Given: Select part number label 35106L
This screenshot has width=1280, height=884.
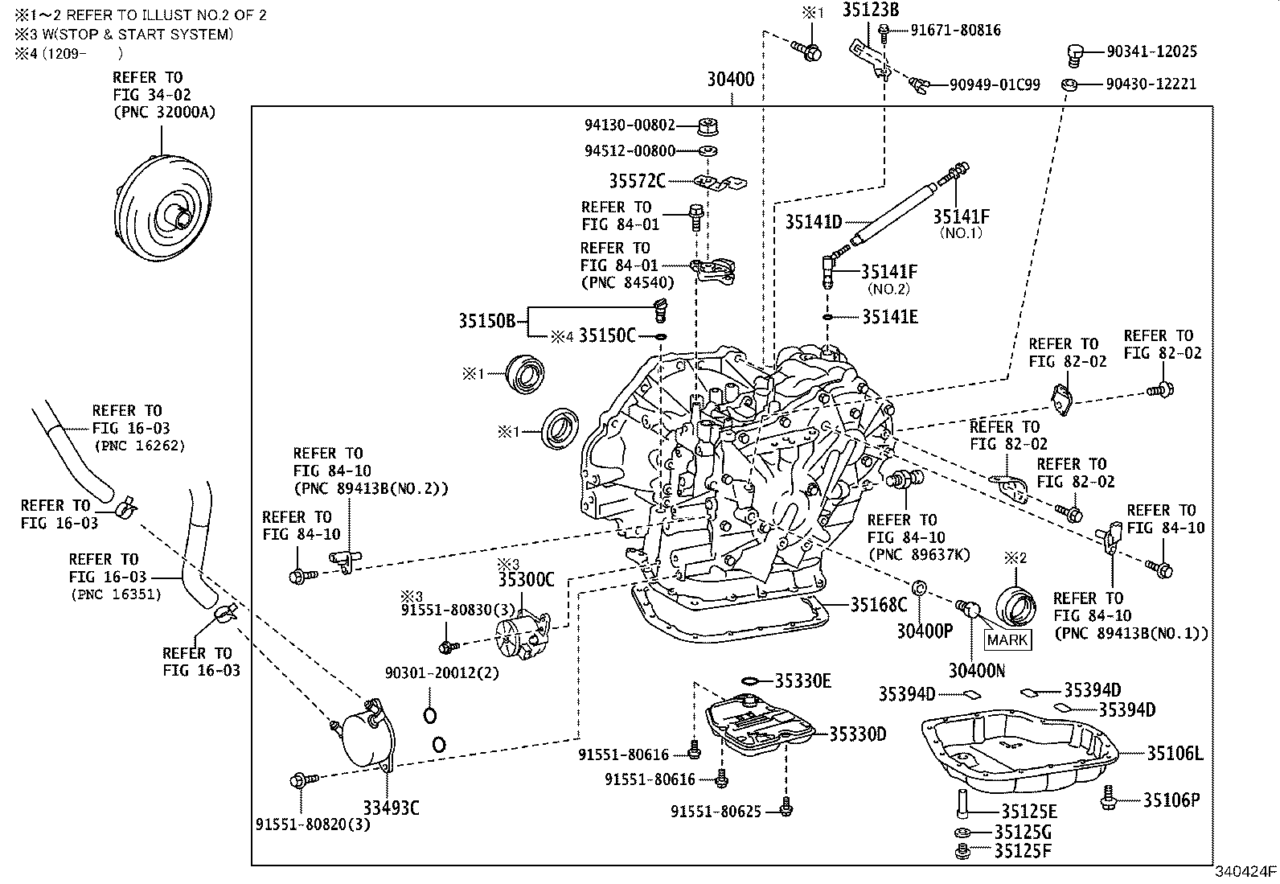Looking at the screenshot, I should pyautogui.click(x=1174, y=754).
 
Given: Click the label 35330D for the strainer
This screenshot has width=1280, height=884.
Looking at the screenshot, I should pyautogui.click(x=857, y=734).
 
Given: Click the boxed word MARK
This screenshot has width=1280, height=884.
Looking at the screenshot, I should pyautogui.click(x=1007, y=639).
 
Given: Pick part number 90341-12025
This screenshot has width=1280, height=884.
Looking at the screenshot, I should pyautogui.click(x=1151, y=51).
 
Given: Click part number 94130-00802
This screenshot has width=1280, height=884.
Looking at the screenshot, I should pyautogui.click(x=630, y=125).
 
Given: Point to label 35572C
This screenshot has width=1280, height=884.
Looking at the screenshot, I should pyautogui.click(x=637, y=181).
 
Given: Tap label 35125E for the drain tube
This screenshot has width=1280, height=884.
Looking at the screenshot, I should pyautogui.click(x=1028, y=812).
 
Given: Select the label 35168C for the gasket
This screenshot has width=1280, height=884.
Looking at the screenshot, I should pyautogui.click(x=878, y=605).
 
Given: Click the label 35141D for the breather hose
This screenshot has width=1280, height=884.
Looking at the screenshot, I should pyautogui.click(x=813, y=222).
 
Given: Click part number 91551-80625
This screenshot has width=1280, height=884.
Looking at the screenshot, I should pyautogui.click(x=716, y=812).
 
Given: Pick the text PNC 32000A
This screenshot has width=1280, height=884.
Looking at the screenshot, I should pyautogui.click(x=165, y=113).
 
